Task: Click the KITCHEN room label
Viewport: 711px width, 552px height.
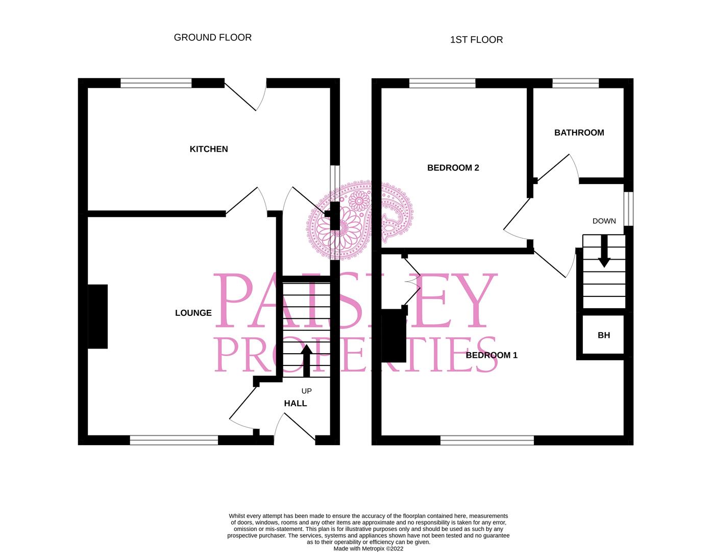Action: click(209, 149)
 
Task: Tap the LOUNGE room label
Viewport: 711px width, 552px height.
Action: click(193, 313)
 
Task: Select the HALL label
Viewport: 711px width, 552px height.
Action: click(296, 403)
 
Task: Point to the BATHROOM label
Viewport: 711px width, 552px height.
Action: click(579, 133)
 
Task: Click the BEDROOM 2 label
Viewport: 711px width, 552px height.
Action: click(453, 168)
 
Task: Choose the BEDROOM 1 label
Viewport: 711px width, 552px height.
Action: click(492, 355)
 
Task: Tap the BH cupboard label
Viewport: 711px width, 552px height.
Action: click(604, 335)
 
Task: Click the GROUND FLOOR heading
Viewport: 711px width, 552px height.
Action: click(212, 37)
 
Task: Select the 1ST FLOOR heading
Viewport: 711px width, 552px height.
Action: click(476, 40)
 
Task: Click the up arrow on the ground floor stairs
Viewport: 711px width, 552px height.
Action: click(306, 361)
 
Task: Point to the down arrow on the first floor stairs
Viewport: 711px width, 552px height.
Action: click(604, 251)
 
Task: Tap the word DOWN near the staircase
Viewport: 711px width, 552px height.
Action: click(604, 221)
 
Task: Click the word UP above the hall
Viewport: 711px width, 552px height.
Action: click(306, 391)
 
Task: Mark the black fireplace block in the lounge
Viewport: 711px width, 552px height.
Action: click(98, 316)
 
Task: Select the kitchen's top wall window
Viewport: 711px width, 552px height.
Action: click(156, 83)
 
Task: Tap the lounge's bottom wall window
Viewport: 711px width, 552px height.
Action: click(174, 440)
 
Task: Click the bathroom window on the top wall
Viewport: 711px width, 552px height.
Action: click(575, 83)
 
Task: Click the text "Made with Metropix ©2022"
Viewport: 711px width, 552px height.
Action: click(368, 548)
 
